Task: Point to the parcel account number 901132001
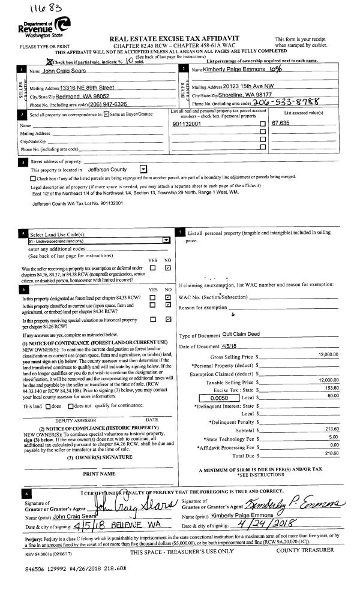[x=185, y=124]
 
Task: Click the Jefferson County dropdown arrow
[x=143, y=170]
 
